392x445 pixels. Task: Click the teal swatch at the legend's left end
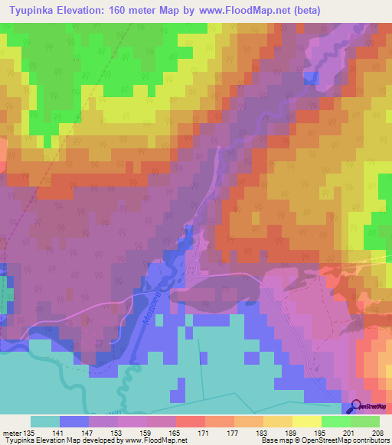(45, 421)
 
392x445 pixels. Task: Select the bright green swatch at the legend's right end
(365, 421)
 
